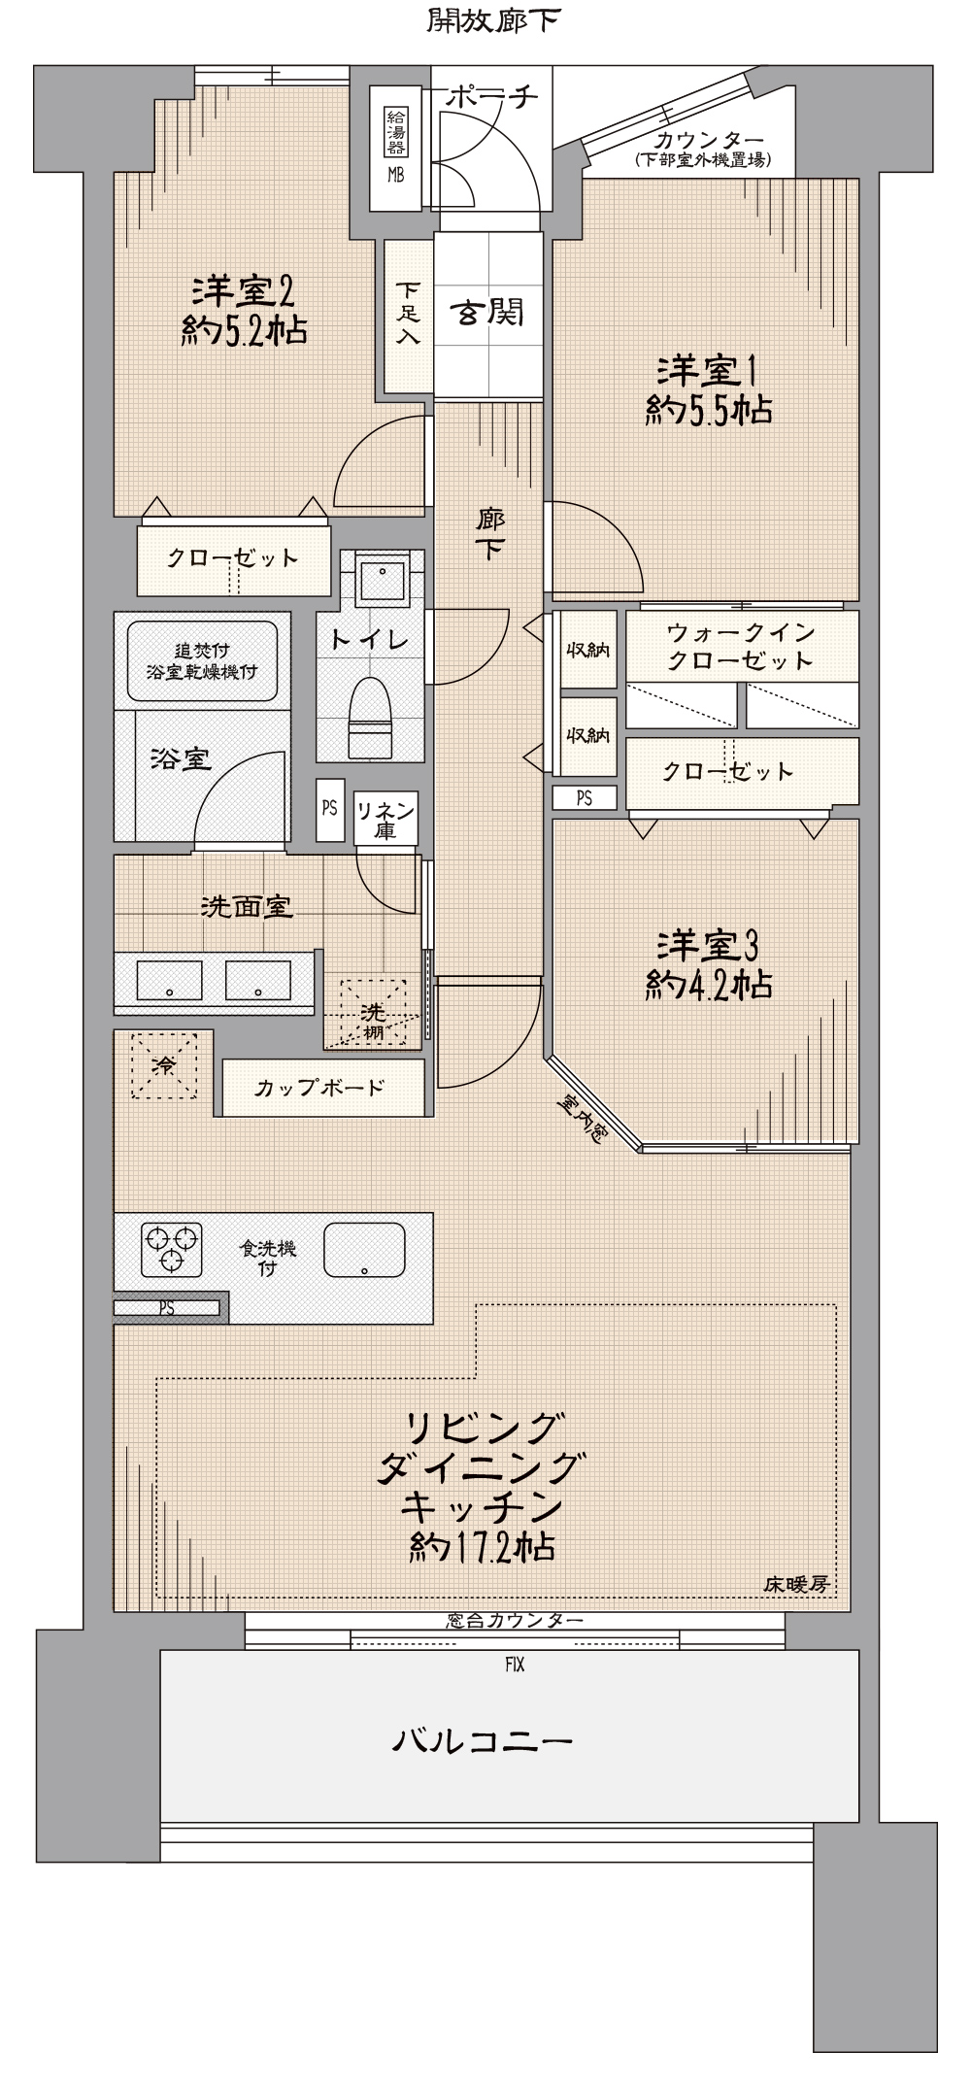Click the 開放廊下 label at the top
click(494, 20)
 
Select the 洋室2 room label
click(244, 290)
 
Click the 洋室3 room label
click(710, 944)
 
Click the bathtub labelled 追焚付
click(202, 660)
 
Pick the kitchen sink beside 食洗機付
click(363, 1250)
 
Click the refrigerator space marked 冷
click(165, 1065)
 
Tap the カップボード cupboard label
click(319, 1088)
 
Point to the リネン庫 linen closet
click(385, 819)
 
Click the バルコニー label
click(483, 1739)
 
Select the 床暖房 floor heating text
click(796, 1585)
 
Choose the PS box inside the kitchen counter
click(167, 1308)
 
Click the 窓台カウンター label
click(515, 1621)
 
